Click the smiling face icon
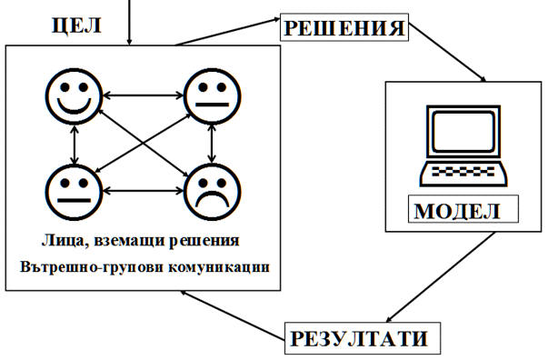tap(75, 96)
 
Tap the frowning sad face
tap(213, 192)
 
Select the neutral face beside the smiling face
tap(213, 96)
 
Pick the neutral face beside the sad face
tap(75, 192)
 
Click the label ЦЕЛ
tap(76, 25)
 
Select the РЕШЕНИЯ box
tap(344, 27)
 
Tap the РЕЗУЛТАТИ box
tap(363, 338)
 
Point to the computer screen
tap(463, 131)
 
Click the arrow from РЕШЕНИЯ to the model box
tap(447, 53)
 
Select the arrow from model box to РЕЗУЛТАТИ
tap(441, 276)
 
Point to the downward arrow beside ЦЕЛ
tap(129, 23)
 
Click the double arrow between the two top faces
tap(144, 95)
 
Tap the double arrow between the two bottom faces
tap(144, 191)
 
